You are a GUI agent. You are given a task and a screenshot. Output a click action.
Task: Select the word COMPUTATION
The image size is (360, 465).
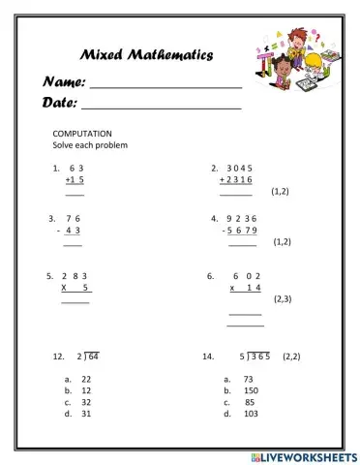pos(83,133)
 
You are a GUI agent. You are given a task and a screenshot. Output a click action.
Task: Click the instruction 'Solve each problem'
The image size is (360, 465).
pos(90,145)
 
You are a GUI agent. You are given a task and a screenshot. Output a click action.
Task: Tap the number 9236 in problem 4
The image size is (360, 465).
pos(238,218)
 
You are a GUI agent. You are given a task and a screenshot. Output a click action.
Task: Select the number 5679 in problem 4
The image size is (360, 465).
pos(240,231)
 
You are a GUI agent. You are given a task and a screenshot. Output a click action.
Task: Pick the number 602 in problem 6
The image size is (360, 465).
pos(248,276)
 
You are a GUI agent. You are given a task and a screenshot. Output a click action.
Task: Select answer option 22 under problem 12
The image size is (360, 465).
pos(86,379)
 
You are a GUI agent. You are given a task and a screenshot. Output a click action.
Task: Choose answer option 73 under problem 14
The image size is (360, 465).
pos(249,379)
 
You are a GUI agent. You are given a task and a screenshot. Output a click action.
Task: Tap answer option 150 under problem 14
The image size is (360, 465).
pos(251,390)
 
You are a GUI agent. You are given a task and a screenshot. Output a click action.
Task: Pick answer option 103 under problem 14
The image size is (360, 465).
pos(251,414)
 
